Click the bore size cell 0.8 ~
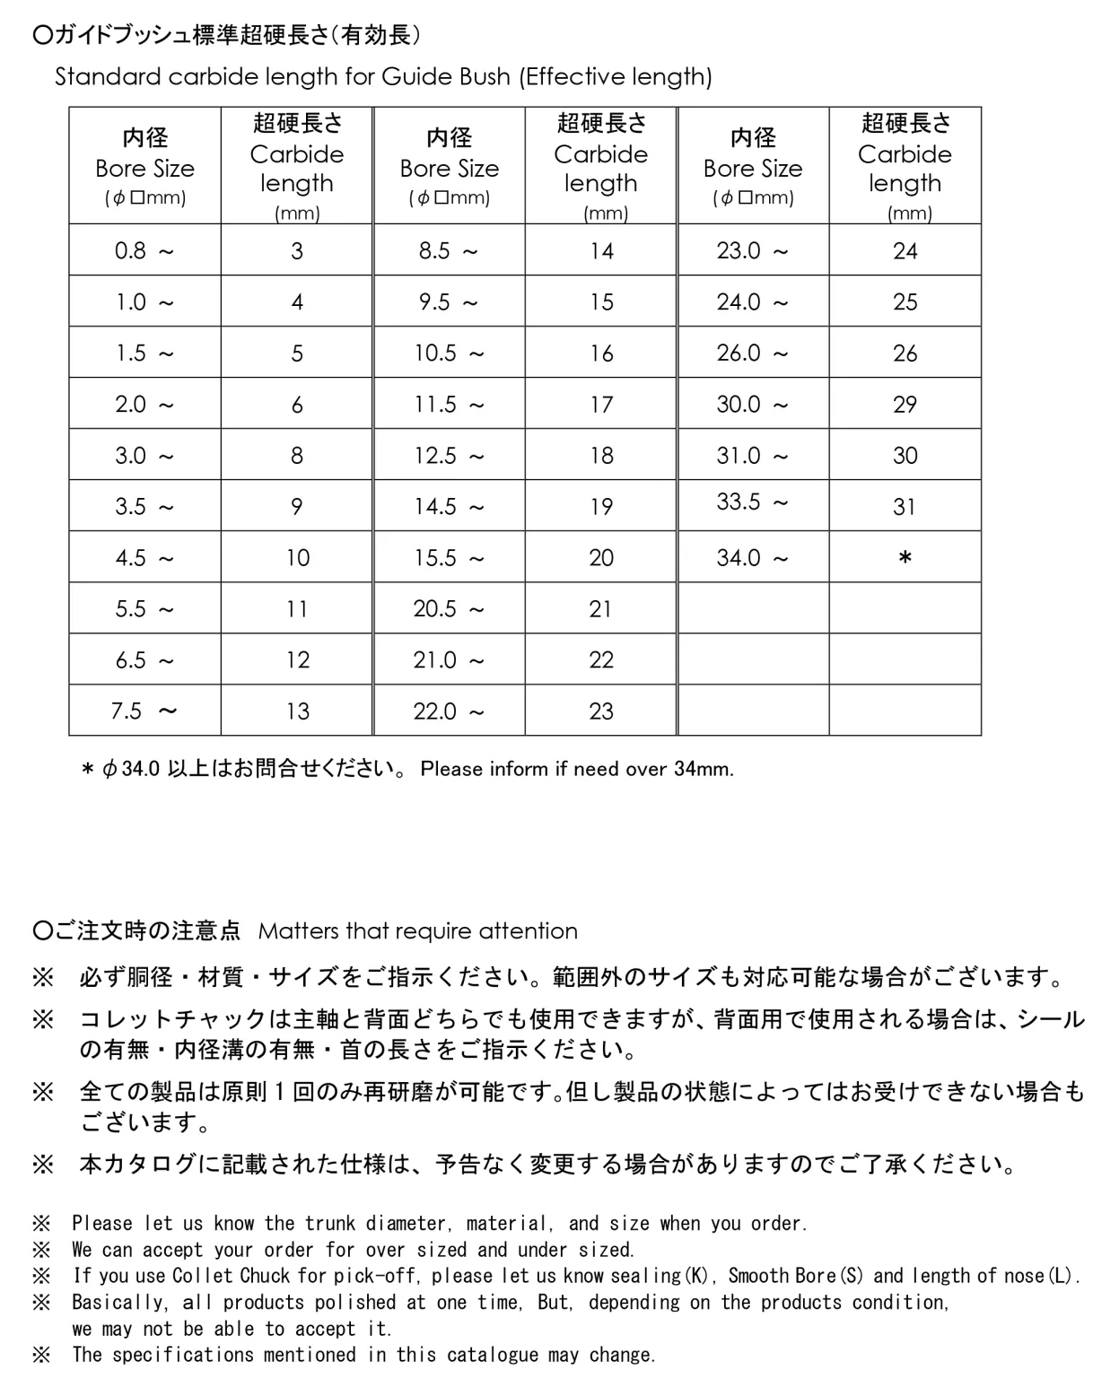(144, 250)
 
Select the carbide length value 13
(297, 711)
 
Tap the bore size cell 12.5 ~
(449, 456)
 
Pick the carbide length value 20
(601, 558)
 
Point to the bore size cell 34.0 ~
(752, 558)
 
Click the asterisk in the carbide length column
(905, 559)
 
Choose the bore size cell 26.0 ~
(752, 353)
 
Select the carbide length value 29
(905, 405)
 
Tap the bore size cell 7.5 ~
(144, 711)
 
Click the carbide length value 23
(601, 711)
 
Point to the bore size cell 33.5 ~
(752, 502)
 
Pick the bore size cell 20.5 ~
(449, 609)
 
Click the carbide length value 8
(297, 456)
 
